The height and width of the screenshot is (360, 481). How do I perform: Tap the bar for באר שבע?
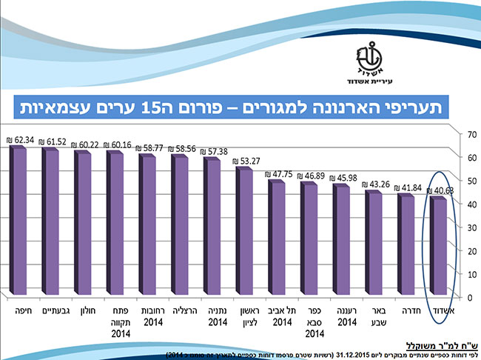pyautogui.click(x=374, y=241)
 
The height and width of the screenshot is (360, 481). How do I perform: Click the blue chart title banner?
pyautogui.click(x=240, y=107)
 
